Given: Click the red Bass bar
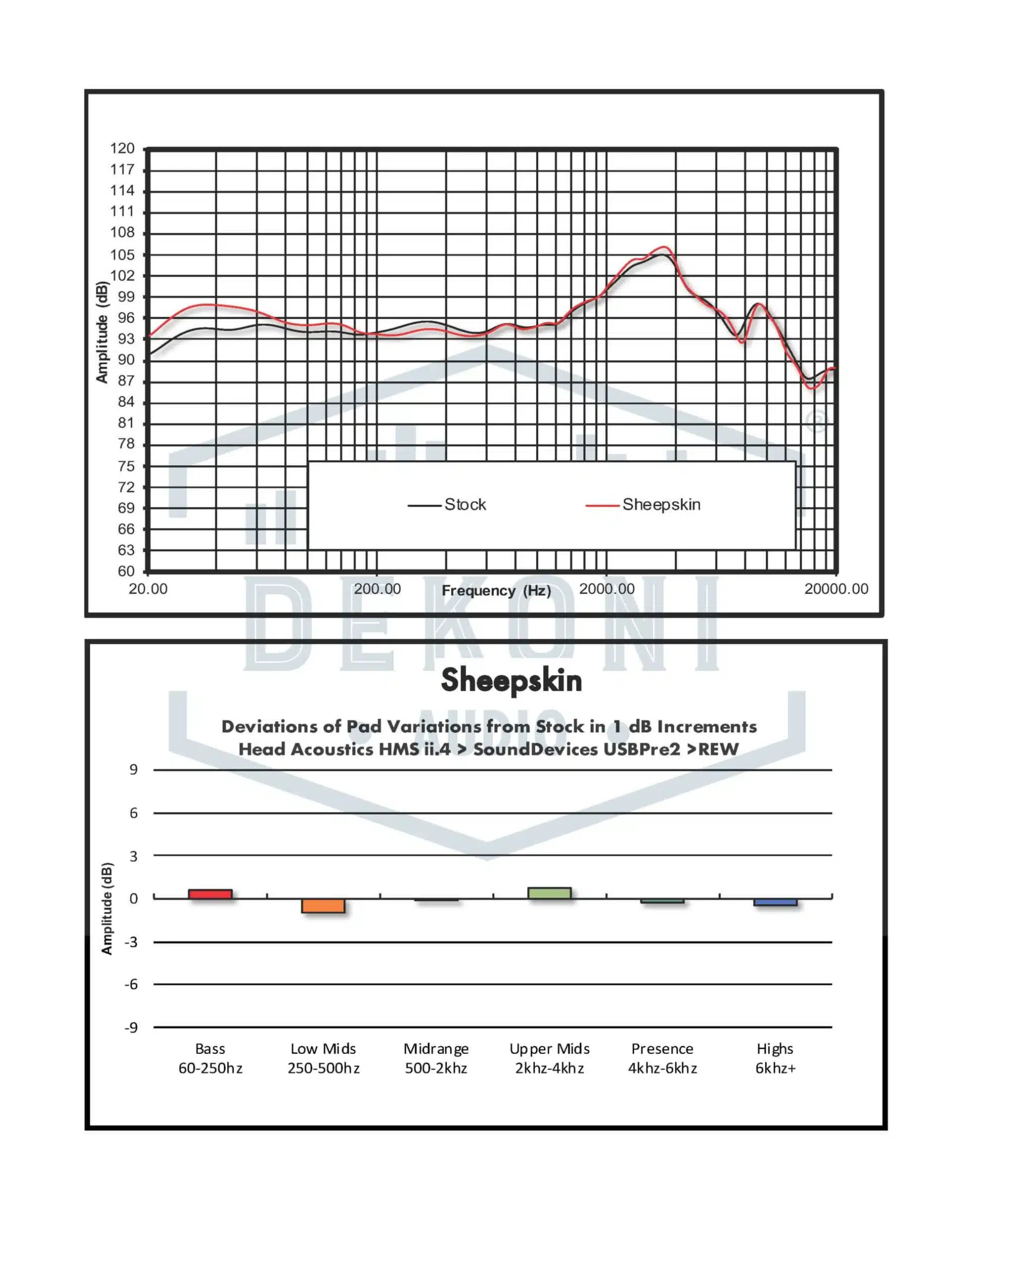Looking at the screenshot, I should [210, 894].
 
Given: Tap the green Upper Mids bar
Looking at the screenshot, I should [549, 893].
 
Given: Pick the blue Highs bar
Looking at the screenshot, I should [775, 903].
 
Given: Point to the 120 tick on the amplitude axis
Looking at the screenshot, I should [122, 148].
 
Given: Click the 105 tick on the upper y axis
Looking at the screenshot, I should [122, 255].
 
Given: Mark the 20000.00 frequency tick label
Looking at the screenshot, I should [836, 589].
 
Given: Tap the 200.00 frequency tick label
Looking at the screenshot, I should [377, 589].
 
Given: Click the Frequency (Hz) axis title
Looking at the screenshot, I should [496, 591].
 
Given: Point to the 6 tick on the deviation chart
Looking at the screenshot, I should [133, 813].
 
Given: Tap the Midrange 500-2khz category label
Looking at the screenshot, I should [436, 1058].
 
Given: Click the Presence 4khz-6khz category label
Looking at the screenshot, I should [662, 1058].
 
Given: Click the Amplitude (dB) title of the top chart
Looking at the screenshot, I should [102, 332].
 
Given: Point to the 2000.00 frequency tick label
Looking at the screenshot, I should [606, 589].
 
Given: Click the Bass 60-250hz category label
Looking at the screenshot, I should [210, 1058].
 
